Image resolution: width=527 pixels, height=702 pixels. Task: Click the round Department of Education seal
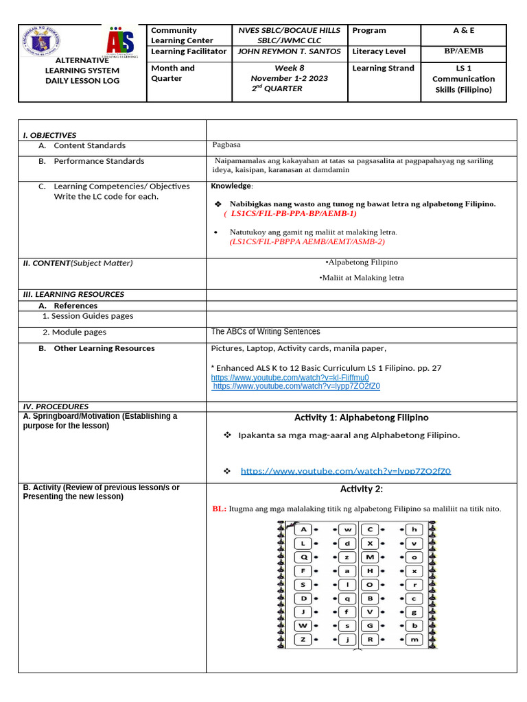point(42,43)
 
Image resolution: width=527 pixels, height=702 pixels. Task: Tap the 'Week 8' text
point(289,68)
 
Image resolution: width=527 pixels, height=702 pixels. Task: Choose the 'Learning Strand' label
point(383,68)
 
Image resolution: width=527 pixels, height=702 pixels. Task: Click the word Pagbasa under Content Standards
point(226,145)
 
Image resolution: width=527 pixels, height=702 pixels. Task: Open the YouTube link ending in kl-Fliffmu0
point(290,378)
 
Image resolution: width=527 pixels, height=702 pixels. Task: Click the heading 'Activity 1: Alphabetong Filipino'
point(361,417)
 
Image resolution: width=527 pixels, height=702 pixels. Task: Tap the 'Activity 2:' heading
point(361,489)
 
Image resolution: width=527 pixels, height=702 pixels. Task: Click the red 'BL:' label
point(220,509)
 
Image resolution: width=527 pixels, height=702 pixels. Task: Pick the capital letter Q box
point(303,557)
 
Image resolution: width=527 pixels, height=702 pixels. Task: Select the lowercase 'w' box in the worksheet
point(347,529)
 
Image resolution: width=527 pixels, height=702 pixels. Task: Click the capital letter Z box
point(303,639)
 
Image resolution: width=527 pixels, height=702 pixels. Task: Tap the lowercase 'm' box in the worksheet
point(414,639)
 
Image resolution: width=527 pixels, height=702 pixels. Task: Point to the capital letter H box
point(370,570)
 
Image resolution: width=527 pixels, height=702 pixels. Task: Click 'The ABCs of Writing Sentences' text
point(266,332)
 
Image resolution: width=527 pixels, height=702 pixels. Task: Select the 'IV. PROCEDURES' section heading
point(56,407)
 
